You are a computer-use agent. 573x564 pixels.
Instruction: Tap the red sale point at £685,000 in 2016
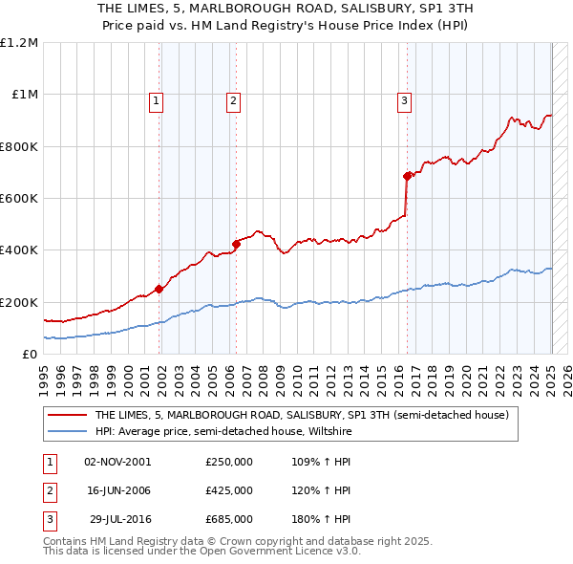[x=407, y=176]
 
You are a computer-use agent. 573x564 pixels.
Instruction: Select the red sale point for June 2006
[x=237, y=243]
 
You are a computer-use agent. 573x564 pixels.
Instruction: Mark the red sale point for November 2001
[x=159, y=289]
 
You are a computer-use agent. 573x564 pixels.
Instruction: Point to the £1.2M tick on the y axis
[x=19, y=43]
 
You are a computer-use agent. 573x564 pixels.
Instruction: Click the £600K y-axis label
[x=19, y=199]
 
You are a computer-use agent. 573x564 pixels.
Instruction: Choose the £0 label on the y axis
[x=29, y=355]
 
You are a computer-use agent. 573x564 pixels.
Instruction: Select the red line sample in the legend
[x=68, y=415]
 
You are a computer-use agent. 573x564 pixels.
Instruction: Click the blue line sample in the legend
[x=68, y=432]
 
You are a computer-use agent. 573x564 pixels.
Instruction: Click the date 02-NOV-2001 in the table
[x=117, y=462]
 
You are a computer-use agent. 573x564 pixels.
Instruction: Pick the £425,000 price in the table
[x=229, y=490]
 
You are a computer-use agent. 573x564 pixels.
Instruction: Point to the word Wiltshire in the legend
[x=328, y=432]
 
